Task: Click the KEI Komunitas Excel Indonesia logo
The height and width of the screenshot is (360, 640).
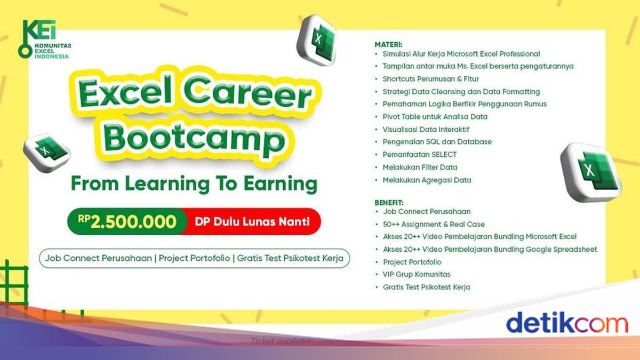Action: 44,39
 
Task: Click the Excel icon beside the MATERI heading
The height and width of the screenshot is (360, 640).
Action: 317,40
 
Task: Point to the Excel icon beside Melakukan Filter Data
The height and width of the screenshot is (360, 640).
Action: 591,172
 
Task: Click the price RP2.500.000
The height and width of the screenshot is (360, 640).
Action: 127,222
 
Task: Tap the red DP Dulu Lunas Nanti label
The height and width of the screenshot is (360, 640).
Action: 252,222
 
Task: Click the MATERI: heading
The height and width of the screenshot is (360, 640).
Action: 388,45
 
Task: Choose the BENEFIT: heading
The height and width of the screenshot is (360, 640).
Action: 389,203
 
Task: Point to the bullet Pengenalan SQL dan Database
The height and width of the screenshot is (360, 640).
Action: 437,142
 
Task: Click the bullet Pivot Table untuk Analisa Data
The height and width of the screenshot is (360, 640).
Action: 435,117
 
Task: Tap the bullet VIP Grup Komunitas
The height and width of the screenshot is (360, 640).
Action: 417,274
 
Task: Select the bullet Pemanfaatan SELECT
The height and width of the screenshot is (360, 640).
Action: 419,154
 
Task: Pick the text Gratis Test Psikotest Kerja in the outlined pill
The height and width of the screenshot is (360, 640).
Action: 290,258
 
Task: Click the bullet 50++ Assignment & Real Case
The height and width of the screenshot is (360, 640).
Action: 434,225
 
